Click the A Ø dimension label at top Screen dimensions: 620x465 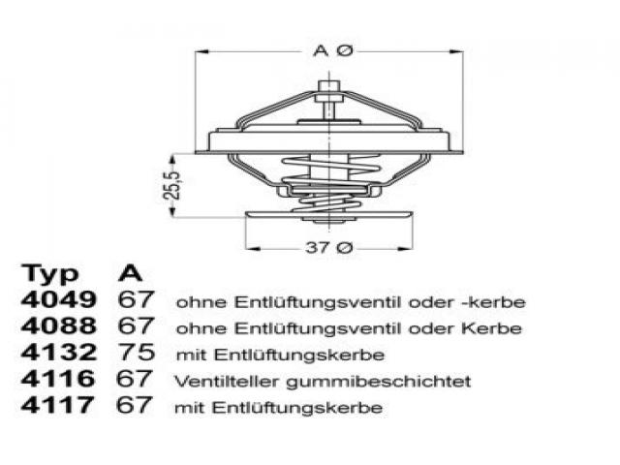pos(332,51)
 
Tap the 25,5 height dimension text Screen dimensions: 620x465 pos(172,185)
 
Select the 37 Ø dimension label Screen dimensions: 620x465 pos(328,248)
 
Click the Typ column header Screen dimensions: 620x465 pos(49,274)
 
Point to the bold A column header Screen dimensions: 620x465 pos(130,272)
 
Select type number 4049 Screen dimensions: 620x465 pos(58,299)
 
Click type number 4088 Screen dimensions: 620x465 pos(58,325)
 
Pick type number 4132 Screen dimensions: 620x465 pos(58,352)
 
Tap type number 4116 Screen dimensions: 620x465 pos(58,379)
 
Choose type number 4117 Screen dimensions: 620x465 pos(57,405)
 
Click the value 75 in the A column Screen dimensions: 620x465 pos(137,352)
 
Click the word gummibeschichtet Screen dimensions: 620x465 pos(379,382)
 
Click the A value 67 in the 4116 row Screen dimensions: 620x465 pos(135,379)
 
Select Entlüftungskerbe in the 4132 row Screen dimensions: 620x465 pos(300,356)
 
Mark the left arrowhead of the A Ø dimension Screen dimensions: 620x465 pos(201,51)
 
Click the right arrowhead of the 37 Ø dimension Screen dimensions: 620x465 pos(406,248)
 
